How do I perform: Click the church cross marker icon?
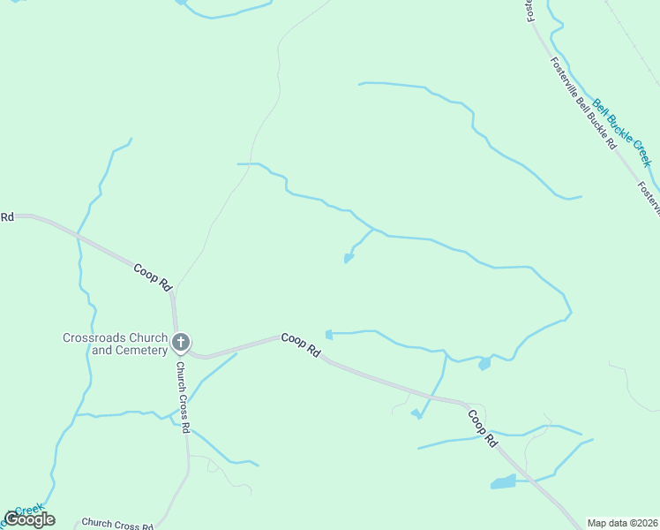[181, 342]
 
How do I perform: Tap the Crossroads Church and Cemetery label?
[115, 344]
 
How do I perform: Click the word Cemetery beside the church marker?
[144, 350]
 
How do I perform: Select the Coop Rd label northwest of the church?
[153, 277]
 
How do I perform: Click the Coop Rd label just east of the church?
[301, 344]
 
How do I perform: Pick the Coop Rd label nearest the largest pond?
[482, 427]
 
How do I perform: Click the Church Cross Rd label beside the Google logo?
[117, 524]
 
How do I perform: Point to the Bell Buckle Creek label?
[621, 132]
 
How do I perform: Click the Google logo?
[29, 519]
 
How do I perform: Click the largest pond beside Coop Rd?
[503, 482]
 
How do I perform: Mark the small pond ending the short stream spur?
[349, 258]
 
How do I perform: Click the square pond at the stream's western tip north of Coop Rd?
[329, 334]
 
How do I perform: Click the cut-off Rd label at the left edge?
[7, 216]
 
